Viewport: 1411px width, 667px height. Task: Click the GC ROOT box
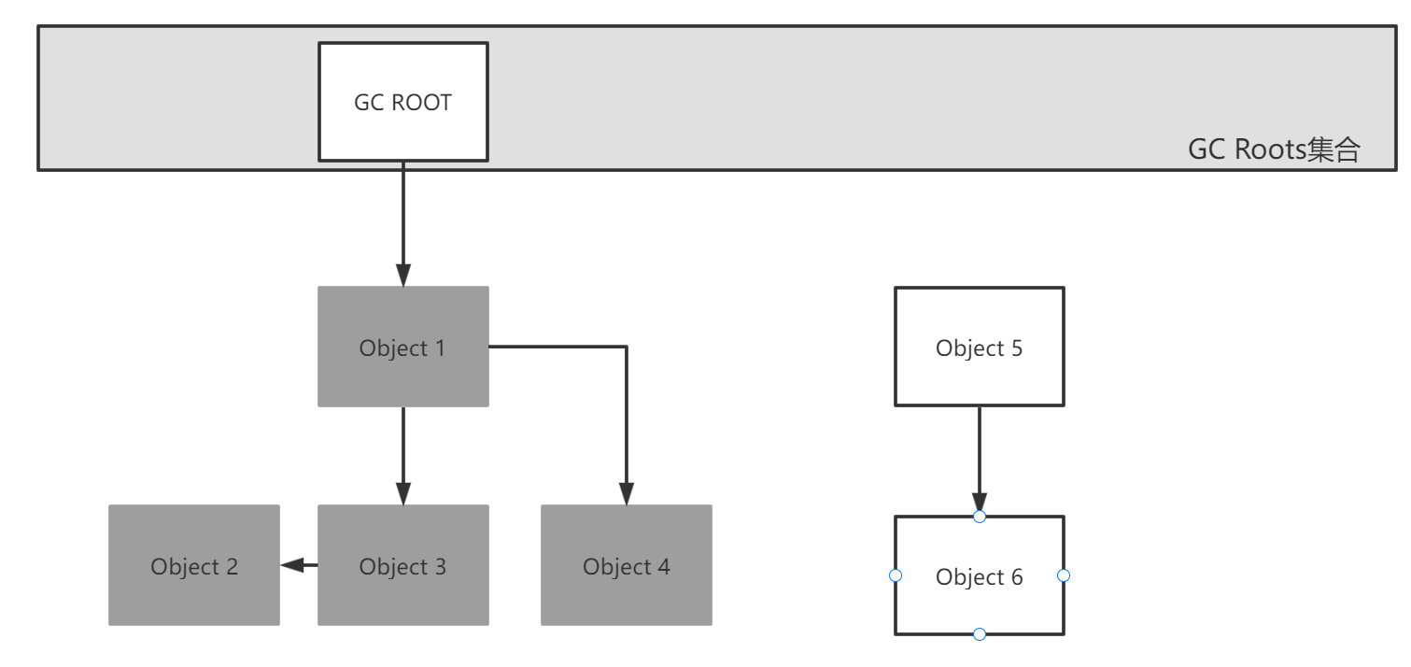click(x=403, y=102)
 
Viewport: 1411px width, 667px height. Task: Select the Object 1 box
click(x=403, y=347)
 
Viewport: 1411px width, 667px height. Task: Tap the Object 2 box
click(x=194, y=565)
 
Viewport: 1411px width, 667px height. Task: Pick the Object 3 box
click(x=403, y=565)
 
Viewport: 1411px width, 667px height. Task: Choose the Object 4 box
click(x=627, y=565)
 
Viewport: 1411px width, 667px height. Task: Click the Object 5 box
click(x=980, y=347)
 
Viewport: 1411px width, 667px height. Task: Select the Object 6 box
click(x=980, y=575)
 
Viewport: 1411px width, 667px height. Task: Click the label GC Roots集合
click(x=1274, y=150)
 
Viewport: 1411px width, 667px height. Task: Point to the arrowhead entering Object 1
click(x=403, y=276)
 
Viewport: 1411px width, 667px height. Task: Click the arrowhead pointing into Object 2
click(x=292, y=565)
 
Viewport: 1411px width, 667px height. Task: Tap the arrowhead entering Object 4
click(x=627, y=493)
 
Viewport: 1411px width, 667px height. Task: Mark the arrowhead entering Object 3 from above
click(x=403, y=493)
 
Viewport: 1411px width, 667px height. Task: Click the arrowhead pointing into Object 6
click(x=980, y=503)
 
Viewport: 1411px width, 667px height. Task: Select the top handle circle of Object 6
click(x=980, y=517)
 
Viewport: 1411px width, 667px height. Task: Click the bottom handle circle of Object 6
click(x=980, y=634)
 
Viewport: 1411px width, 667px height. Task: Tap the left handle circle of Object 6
click(x=896, y=575)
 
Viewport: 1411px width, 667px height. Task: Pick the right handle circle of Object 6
click(x=1064, y=575)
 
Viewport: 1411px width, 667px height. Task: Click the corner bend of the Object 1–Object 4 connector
click(x=627, y=347)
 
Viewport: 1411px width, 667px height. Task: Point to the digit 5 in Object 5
click(x=1017, y=348)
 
